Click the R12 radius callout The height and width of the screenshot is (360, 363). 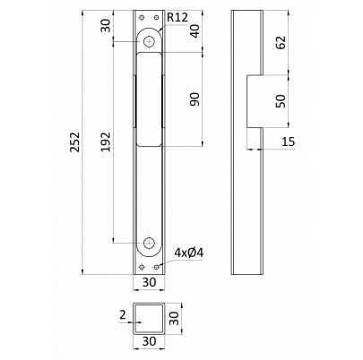(x=177, y=17)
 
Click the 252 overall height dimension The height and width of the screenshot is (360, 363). (x=74, y=142)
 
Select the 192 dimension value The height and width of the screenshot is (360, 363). (x=105, y=142)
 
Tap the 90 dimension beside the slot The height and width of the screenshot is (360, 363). (x=194, y=99)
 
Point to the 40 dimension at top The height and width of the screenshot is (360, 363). (x=195, y=31)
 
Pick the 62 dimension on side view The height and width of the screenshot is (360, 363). (x=281, y=42)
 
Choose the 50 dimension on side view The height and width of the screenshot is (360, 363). (x=281, y=100)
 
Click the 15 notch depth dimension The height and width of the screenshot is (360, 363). (x=289, y=141)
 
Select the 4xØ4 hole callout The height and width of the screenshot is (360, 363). (x=189, y=253)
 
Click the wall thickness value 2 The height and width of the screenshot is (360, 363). (x=123, y=314)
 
